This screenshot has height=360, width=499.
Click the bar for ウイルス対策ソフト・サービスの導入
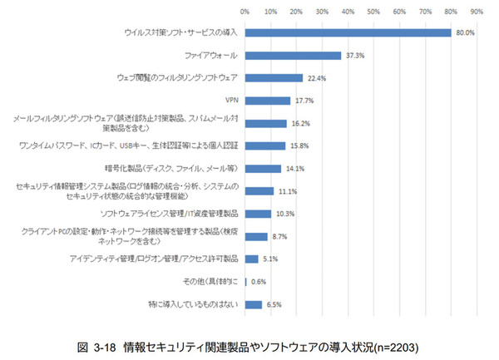coord(348,32)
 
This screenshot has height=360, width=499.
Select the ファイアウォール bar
coord(293,56)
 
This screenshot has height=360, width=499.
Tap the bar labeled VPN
coord(267,101)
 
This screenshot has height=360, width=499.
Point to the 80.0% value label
coord(464,32)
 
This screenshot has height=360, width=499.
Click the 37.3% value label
coord(353,56)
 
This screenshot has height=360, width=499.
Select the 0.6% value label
coord(259,282)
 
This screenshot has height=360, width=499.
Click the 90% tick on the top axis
coord(477,12)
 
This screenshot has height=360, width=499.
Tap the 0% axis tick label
coord(245,12)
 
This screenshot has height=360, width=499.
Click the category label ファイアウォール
coord(211,56)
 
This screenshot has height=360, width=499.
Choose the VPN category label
coord(232,101)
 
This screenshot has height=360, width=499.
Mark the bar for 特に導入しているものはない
coord(253,304)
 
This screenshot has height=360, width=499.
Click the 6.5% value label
coord(274,304)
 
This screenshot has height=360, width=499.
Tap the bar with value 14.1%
coord(263,169)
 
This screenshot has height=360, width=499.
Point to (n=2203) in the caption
coord(390,343)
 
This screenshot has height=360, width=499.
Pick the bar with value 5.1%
coord(251,259)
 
